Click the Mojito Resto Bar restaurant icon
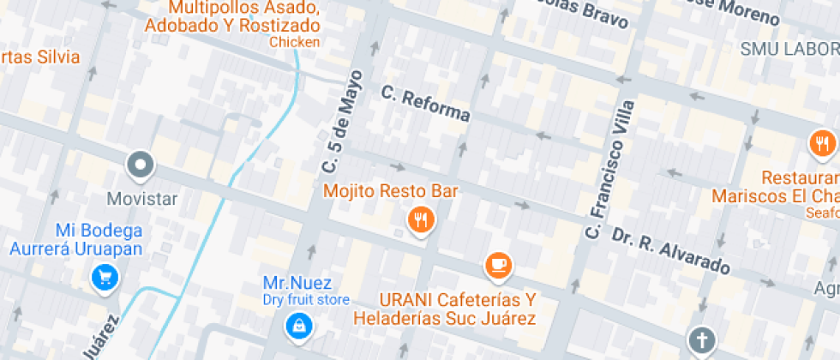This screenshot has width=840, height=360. pos(420,220)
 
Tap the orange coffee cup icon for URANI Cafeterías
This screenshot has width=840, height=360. pos(498,266)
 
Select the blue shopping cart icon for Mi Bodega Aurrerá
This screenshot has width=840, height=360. pos(105,276)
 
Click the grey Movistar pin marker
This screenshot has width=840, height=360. pos(140,164)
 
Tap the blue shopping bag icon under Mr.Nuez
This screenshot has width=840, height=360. pos(297,324)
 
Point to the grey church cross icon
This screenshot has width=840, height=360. pos(700,340)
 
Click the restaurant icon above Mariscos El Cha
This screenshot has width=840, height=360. pos(822,143)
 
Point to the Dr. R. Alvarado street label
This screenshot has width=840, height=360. pos(671,251)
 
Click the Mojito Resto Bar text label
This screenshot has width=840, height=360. pos(390,190)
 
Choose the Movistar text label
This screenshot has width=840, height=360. pos(141,199)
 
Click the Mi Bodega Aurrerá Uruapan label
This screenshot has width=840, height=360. pos(75,239)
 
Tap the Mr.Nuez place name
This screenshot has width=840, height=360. pos(297,283)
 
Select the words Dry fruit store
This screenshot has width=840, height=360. pos(306,299)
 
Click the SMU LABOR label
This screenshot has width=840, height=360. pos(789,49)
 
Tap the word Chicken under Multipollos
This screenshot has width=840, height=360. pos(294,41)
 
